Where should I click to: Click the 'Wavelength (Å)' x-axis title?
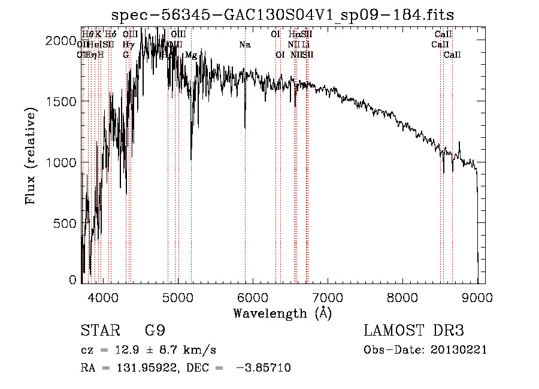point(282,313)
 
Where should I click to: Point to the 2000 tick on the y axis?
point(64,40)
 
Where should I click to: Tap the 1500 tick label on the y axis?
point(64,101)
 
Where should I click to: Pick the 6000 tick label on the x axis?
point(253,297)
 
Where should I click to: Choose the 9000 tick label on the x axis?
point(477,297)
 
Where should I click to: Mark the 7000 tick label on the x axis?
point(328,297)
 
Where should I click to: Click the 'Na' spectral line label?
point(244,44)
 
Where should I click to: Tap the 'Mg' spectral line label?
point(191,55)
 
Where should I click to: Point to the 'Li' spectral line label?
point(305,44)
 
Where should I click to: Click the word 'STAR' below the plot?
point(99,331)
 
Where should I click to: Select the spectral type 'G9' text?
point(154,331)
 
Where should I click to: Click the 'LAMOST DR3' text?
point(413,331)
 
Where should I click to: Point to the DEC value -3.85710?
point(264,368)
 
